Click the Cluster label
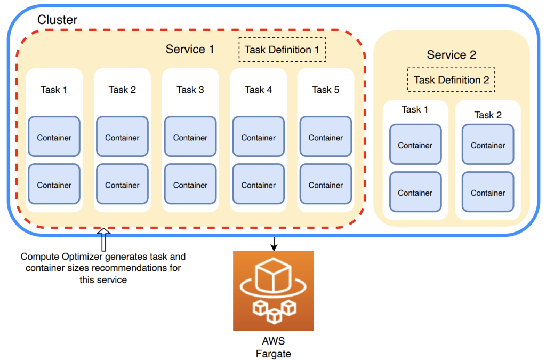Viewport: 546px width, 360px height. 57,20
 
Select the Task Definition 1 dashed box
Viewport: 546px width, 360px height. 282,50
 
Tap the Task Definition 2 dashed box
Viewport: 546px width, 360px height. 451,80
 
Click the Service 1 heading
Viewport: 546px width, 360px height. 190,50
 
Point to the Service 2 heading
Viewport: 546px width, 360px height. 451,55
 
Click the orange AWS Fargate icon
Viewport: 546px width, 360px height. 273,291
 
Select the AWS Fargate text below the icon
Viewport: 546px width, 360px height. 273,347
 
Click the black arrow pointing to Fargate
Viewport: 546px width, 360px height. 273,243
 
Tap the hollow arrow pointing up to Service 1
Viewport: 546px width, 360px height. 103,239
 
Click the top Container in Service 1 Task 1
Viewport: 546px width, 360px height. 54,137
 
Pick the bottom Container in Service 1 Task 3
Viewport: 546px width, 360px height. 190,185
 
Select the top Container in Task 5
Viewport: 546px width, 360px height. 326,137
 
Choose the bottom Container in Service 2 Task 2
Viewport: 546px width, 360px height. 488,193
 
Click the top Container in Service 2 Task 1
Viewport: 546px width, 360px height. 415,145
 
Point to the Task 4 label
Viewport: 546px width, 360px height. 259,90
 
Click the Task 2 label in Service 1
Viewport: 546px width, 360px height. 122,90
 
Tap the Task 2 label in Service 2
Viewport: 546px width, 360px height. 488,115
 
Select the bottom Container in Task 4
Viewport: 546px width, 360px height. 259,185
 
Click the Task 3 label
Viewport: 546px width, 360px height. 190,90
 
